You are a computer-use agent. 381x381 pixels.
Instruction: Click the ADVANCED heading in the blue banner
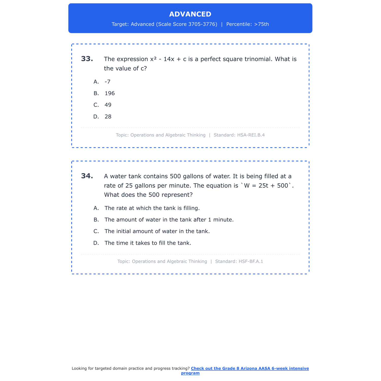point(190,14)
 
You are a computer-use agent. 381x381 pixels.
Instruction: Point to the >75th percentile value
point(261,24)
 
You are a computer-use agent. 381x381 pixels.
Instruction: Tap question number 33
point(87,59)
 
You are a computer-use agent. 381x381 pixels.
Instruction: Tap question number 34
point(87,176)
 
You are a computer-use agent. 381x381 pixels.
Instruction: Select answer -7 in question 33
point(107,82)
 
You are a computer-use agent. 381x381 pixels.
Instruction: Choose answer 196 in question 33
point(109,93)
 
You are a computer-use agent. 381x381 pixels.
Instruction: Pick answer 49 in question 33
point(108,105)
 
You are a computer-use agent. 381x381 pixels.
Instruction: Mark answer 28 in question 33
point(108,117)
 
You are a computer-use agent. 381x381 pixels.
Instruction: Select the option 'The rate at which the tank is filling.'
point(152,208)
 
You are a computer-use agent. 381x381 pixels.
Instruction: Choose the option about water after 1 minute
point(169,220)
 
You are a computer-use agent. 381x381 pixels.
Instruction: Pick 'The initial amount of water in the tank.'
point(157,231)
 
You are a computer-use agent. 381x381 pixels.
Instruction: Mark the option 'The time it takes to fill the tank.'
point(148,243)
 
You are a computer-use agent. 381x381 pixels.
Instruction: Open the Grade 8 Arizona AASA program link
point(250,369)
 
